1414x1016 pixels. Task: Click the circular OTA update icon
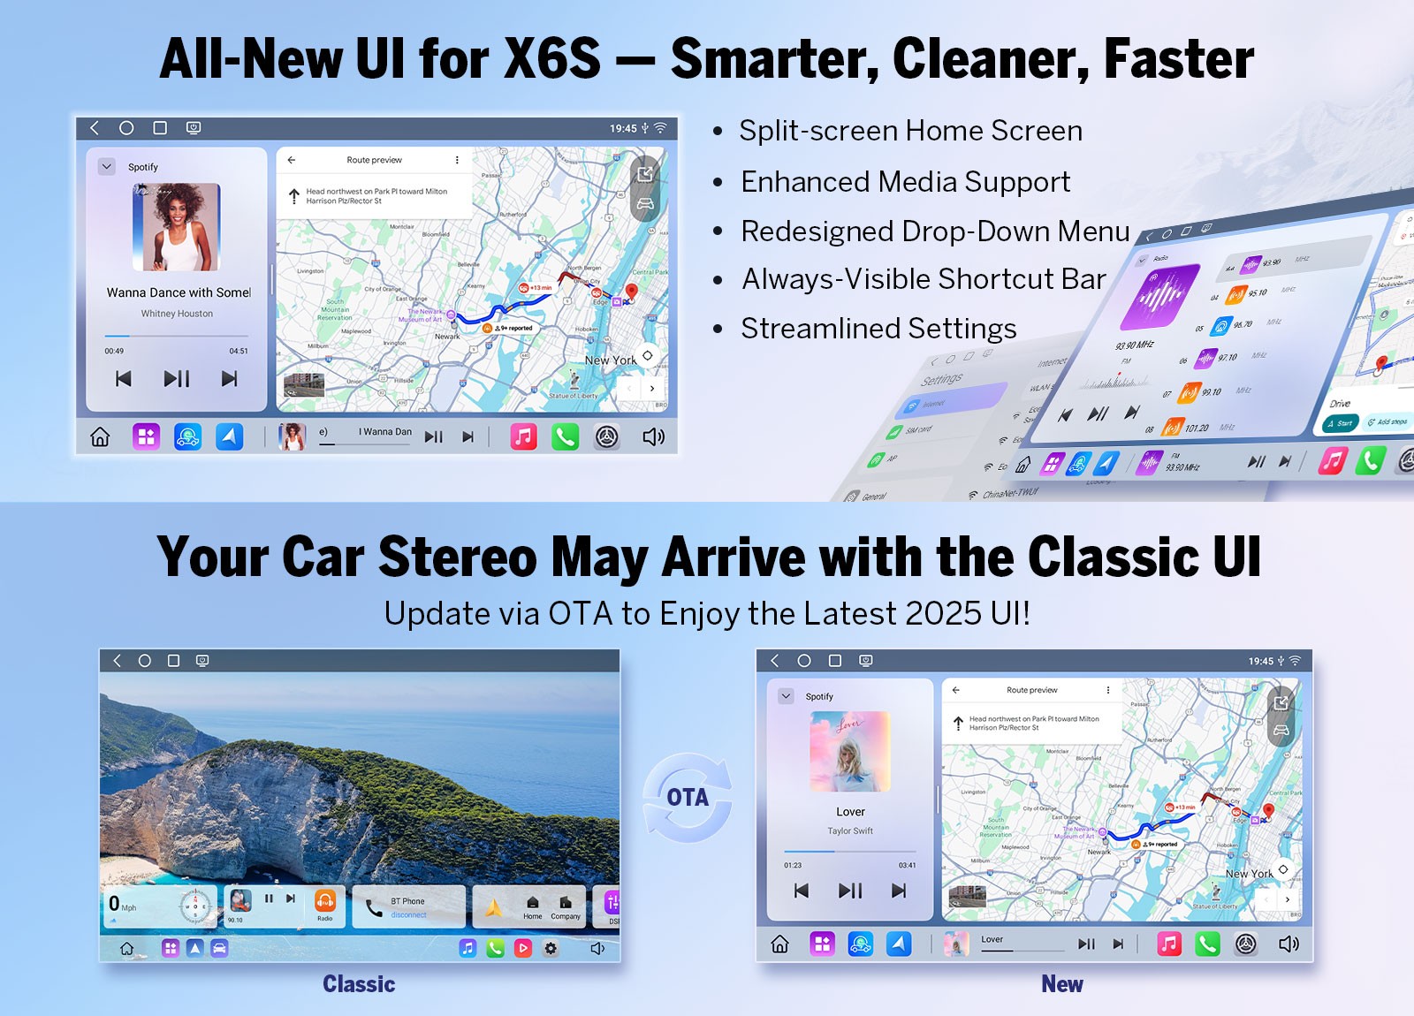coord(688,797)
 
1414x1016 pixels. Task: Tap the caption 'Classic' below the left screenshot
coord(359,984)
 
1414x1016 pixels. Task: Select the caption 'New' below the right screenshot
coord(1061,984)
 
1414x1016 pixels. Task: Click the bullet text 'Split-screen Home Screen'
coord(910,131)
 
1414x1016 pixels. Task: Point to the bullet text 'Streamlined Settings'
coord(878,329)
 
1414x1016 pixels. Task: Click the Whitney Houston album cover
coord(177,227)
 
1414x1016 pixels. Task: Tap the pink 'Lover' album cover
coord(850,751)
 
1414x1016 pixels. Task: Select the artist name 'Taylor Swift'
coord(850,830)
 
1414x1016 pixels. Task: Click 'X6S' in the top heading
coord(552,59)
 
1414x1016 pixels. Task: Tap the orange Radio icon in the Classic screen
coord(325,901)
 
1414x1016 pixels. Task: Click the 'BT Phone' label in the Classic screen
coord(407,901)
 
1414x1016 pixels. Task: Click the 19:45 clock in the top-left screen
coord(623,128)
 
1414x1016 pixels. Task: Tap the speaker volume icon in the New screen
coord(1289,944)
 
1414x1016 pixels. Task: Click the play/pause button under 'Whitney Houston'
coord(177,379)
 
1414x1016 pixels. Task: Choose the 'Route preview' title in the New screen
coord(1031,690)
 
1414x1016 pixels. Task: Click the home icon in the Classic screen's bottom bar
coord(127,948)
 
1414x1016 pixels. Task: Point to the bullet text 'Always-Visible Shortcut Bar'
coord(924,279)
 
